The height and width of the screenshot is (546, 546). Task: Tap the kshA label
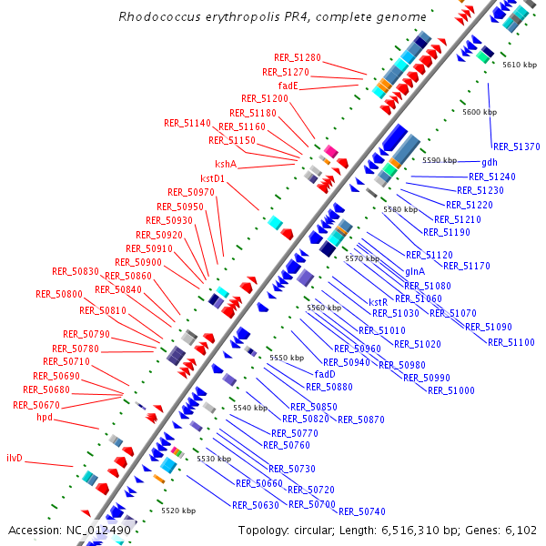pyautogui.click(x=226, y=164)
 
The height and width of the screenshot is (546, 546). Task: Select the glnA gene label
pyautogui.click(x=415, y=271)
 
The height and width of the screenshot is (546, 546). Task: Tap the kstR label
pyautogui.click(x=379, y=301)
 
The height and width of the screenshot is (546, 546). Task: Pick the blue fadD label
pyautogui.click(x=325, y=373)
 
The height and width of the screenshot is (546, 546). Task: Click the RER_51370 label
pyautogui.click(x=516, y=147)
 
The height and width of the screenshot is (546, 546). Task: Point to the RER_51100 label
pyautogui.click(x=511, y=342)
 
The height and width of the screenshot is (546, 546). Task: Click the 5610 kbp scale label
pyautogui.click(x=520, y=65)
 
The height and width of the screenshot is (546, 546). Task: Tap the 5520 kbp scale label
pyautogui.click(x=178, y=511)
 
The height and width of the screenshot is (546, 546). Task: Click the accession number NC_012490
pyautogui.click(x=98, y=530)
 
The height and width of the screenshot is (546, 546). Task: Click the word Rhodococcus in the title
pyautogui.click(x=158, y=17)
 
